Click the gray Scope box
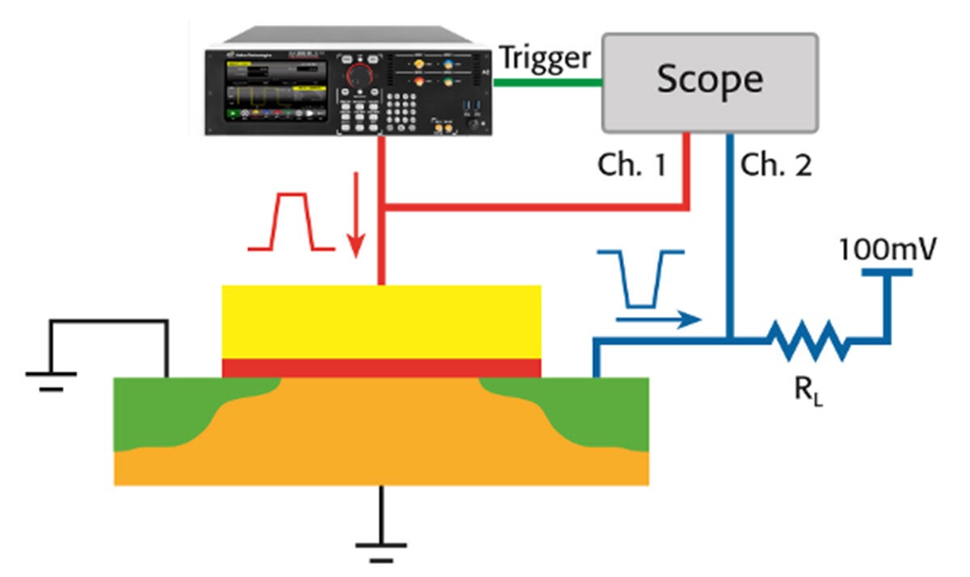coord(708,82)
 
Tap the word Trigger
coord(546,58)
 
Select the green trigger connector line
coord(547,81)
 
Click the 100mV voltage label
coord(887,248)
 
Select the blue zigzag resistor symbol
coord(808,339)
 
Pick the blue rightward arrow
coord(657,319)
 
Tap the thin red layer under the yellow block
coord(381,369)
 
